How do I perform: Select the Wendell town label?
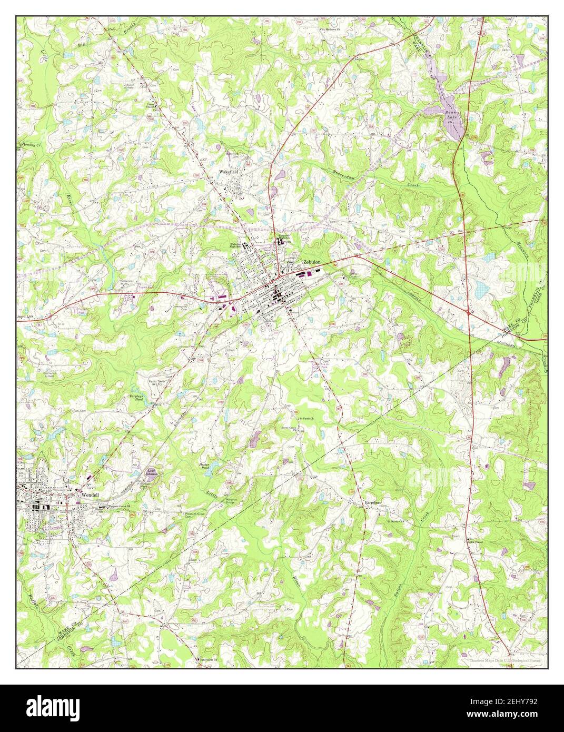point(91,495)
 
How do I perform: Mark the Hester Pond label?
point(204,466)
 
